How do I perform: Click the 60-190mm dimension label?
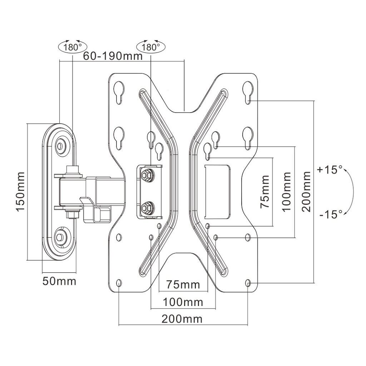point(113,56)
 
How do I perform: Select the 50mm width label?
point(59,281)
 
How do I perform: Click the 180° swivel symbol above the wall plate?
point(73,47)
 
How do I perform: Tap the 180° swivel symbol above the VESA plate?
point(150,47)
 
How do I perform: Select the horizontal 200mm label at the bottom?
point(182,318)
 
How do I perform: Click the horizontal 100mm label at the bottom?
point(183,302)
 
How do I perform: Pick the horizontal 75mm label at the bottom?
point(183,285)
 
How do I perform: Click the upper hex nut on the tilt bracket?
point(145,175)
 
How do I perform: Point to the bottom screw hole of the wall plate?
point(61,236)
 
